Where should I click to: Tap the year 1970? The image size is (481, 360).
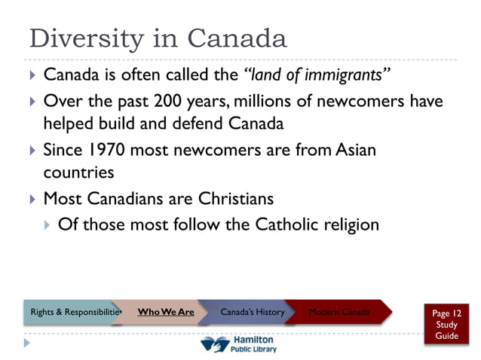tap(106, 150)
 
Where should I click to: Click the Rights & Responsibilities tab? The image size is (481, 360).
tap(73, 312)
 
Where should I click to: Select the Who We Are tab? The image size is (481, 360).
tap(165, 312)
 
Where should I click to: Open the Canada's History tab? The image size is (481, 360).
tap(253, 312)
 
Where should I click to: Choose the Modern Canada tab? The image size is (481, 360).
tap(339, 312)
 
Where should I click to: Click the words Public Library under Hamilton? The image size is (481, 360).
tap(253, 349)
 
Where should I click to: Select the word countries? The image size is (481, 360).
tap(78, 172)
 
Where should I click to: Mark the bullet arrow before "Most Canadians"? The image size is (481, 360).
tap(32, 200)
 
